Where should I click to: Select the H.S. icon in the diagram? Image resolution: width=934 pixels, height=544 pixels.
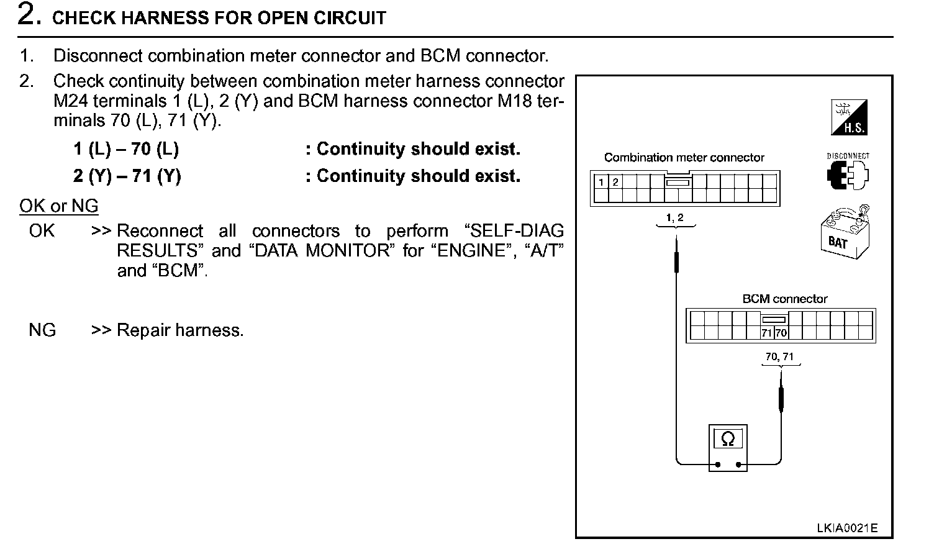click(x=849, y=118)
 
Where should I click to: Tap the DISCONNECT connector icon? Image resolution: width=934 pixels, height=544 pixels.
click(x=848, y=173)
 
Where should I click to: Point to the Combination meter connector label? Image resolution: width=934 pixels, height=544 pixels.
click(x=684, y=158)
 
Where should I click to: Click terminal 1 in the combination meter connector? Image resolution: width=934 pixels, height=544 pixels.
click(x=601, y=182)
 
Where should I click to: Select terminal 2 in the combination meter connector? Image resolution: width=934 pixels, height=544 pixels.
click(x=615, y=182)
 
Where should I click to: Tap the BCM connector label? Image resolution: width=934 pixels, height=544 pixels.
click(x=784, y=299)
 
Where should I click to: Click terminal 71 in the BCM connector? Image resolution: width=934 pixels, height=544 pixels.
click(x=767, y=333)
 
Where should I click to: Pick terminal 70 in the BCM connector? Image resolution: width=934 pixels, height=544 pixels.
click(x=781, y=333)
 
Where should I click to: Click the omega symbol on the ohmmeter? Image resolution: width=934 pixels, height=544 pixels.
click(x=728, y=440)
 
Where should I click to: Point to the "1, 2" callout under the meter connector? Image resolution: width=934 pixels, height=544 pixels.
click(x=674, y=217)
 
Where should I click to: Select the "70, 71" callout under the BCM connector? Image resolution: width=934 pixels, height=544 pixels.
click(x=779, y=356)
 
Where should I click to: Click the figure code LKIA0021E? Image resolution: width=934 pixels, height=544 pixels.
click(x=847, y=528)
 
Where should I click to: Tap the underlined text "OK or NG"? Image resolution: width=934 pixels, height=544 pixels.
click(x=59, y=206)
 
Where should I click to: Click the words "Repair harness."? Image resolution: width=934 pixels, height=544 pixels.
click(x=180, y=330)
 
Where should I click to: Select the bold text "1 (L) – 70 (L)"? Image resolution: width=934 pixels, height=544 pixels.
click(x=126, y=149)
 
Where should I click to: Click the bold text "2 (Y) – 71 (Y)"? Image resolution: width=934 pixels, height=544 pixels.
click(x=127, y=176)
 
